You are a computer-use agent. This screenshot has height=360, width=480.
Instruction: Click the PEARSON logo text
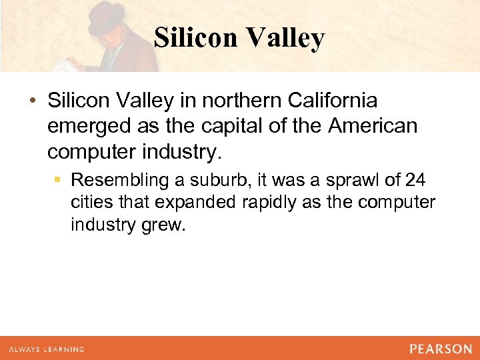tap(441, 349)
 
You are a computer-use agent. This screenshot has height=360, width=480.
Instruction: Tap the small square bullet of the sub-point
tap(60, 181)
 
